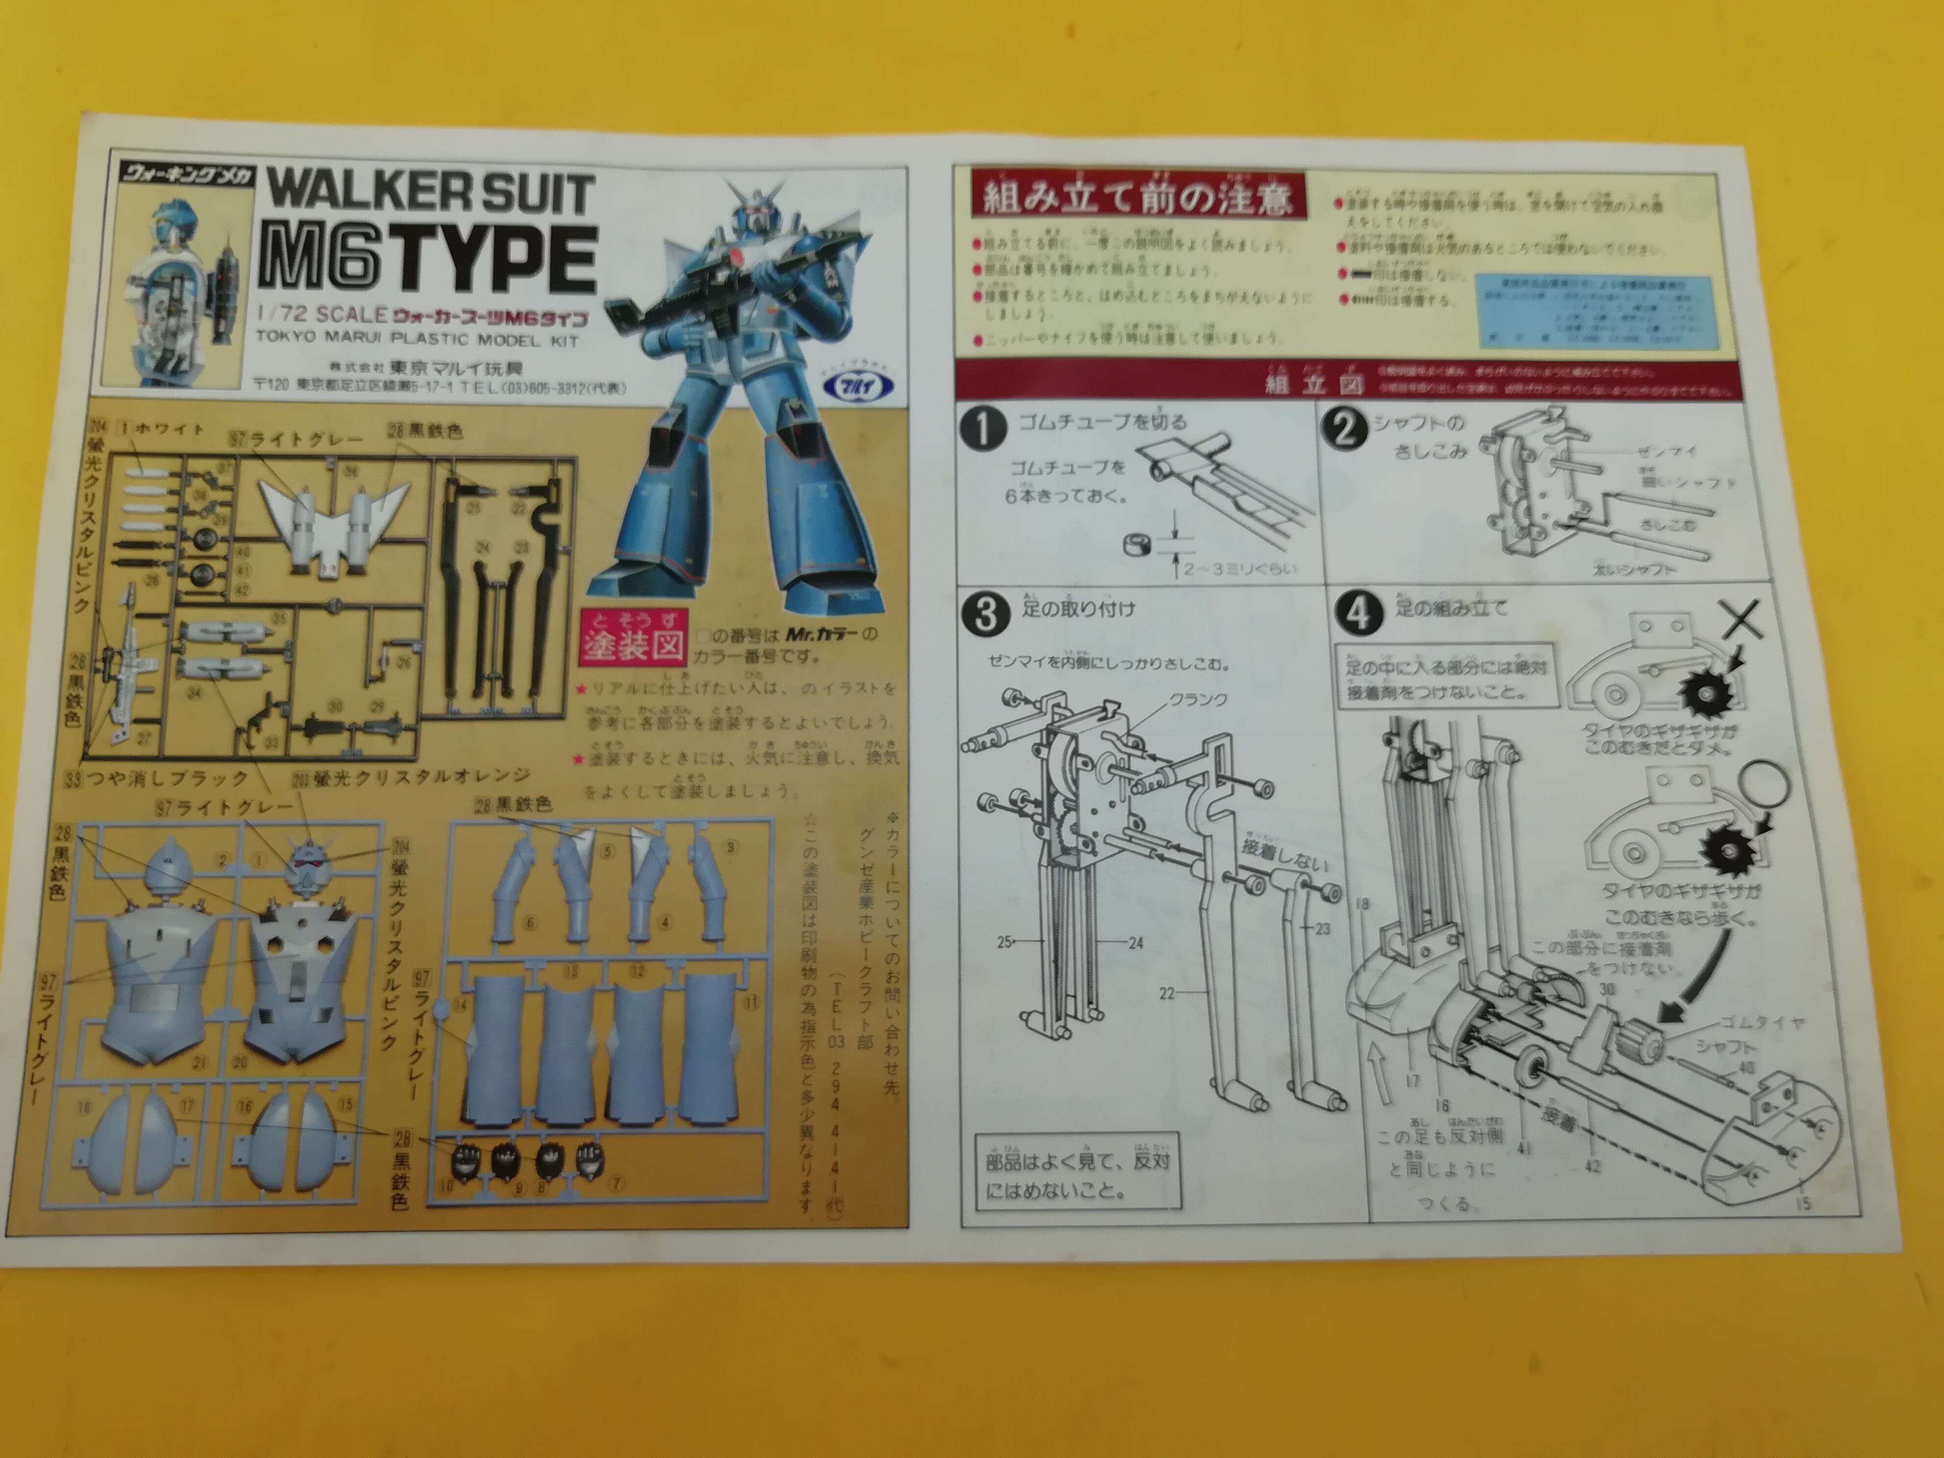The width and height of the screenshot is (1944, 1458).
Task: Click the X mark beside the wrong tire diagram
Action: coord(1741,621)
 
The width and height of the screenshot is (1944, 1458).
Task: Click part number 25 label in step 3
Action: coord(1004,942)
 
